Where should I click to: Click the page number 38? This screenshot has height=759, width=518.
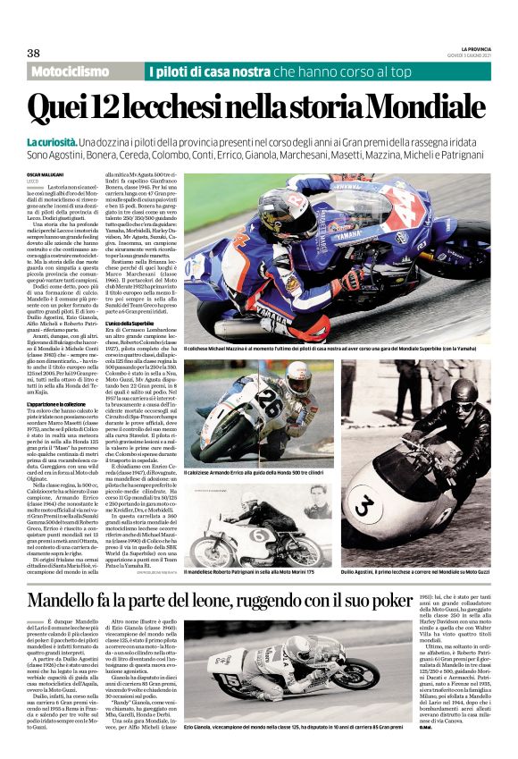click(34, 52)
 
